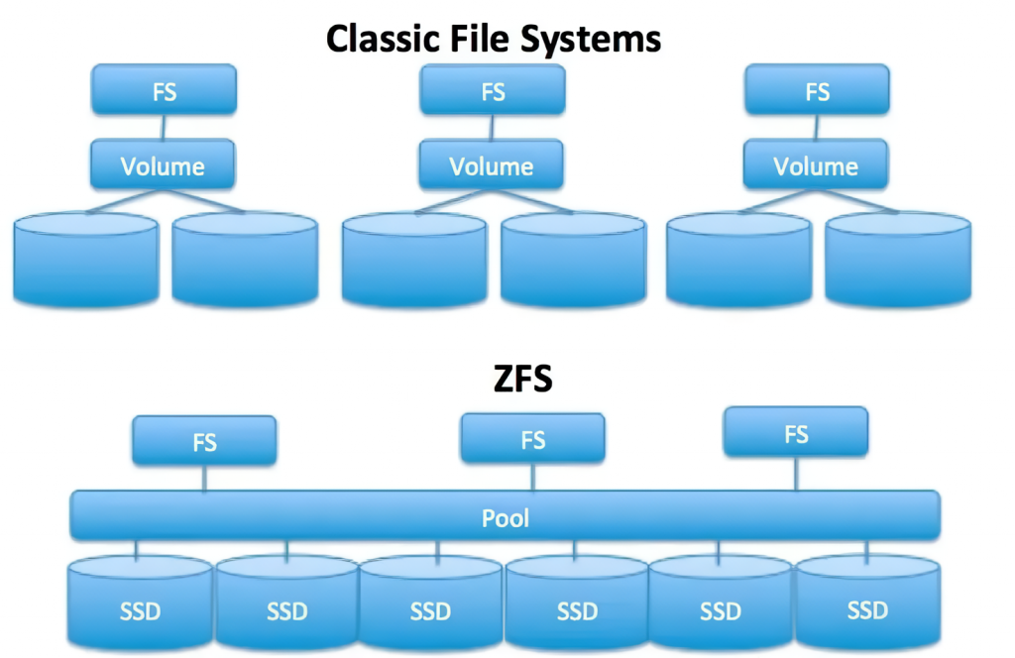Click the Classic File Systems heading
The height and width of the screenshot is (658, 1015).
(493, 39)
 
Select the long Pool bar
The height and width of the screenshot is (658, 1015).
(505, 516)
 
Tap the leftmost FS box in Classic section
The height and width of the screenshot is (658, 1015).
(164, 91)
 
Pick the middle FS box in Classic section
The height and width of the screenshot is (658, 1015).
(493, 91)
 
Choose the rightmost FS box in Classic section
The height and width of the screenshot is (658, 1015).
(817, 91)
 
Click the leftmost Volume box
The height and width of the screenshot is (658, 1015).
(163, 164)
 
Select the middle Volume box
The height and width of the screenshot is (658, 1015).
(492, 164)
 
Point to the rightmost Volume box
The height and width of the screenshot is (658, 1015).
(817, 164)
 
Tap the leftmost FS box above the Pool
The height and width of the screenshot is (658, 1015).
(204, 441)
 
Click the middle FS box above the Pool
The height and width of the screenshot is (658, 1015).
(532, 439)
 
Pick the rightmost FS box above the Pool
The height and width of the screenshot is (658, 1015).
(796, 433)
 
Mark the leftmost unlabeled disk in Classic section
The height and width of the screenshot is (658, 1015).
(85, 259)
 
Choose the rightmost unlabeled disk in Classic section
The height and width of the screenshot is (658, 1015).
(898, 259)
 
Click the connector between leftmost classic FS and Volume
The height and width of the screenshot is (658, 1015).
(164, 127)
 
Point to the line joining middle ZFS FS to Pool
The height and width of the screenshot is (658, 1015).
(533, 477)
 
